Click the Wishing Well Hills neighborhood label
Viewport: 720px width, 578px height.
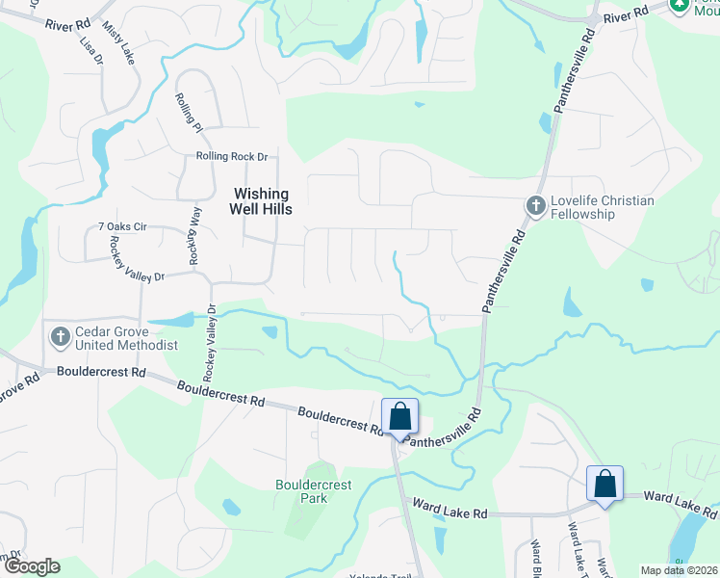[x=260, y=200]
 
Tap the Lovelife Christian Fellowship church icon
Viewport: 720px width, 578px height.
[x=535, y=206]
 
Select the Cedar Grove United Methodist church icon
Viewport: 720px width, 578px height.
[x=60, y=337]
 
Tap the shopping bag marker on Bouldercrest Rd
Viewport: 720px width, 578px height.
[x=400, y=417]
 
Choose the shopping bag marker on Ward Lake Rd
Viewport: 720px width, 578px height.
[x=604, y=484]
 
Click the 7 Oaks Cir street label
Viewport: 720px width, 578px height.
[x=121, y=227]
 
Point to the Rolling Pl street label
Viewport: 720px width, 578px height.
[x=190, y=113]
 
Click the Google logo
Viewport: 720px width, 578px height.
[x=31, y=566]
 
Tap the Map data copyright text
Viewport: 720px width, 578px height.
[x=678, y=570]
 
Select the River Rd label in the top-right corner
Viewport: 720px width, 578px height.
[x=627, y=16]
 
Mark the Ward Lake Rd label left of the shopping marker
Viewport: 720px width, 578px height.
[x=450, y=507]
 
